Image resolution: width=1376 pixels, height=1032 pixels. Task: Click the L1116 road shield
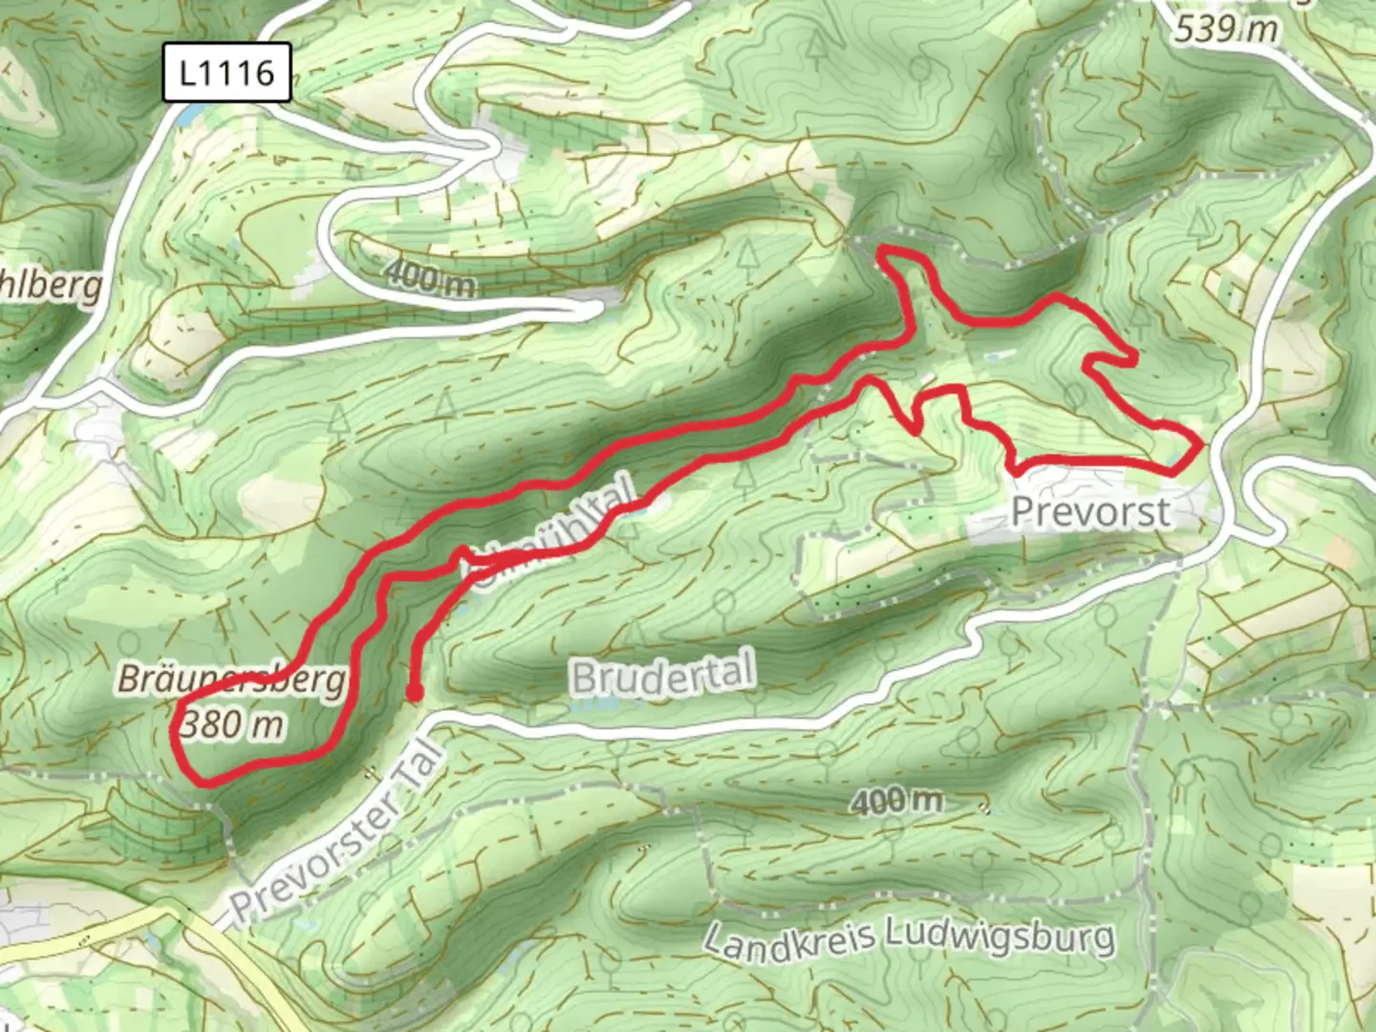pyautogui.click(x=226, y=73)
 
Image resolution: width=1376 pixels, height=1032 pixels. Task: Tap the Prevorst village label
pyautogui.click(x=1090, y=512)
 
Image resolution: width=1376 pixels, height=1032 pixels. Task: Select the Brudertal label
pyautogui.click(x=663, y=676)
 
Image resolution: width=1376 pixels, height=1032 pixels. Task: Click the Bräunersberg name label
pyautogui.click(x=231, y=680)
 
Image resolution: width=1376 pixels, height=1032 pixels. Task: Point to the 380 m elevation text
pyautogui.click(x=232, y=725)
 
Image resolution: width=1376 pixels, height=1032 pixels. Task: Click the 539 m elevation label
pyautogui.click(x=1226, y=29)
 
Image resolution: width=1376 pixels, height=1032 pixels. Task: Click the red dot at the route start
pyautogui.click(x=414, y=692)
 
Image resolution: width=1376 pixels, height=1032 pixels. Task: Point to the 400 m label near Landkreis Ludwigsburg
pyautogui.click(x=896, y=801)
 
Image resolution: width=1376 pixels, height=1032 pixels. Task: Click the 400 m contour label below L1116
pyautogui.click(x=430, y=278)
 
